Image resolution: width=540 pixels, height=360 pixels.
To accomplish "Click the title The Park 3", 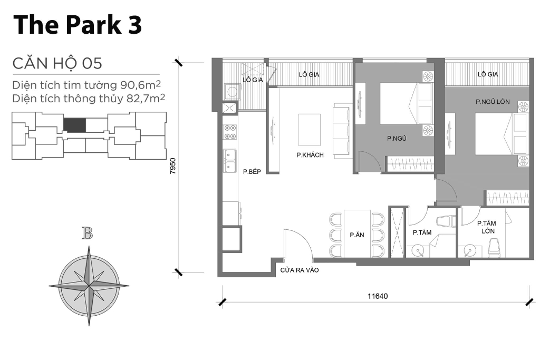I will pyautogui.click(x=78, y=25).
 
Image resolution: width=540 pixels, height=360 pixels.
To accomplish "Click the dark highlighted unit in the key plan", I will pyautogui.click(x=74, y=125).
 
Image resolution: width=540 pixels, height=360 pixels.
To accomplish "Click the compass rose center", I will pyautogui.click(x=89, y=285).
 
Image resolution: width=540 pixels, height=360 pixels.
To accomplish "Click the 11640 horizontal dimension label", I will pyautogui.click(x=378, y=296).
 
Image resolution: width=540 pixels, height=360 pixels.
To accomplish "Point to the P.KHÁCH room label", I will pyautogui.click(x=310, y=155).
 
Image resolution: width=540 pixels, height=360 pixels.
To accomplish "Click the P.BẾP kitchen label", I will pyautogui.click(x=253, y=171).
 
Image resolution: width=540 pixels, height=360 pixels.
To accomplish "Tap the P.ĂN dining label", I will pyautogui.click(x=357, y=235).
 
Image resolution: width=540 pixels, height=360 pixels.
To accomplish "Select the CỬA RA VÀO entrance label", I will pyautogui.click(x=299, y=270).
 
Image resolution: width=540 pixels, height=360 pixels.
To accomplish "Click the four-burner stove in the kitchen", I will pyautogui.click(x=230, y=132).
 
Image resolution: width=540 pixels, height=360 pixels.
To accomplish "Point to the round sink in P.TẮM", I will pyautogui.click(x=419, y=250).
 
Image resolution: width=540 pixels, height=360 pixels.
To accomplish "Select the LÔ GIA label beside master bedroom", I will pyautogui.click(x=488, y=75).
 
